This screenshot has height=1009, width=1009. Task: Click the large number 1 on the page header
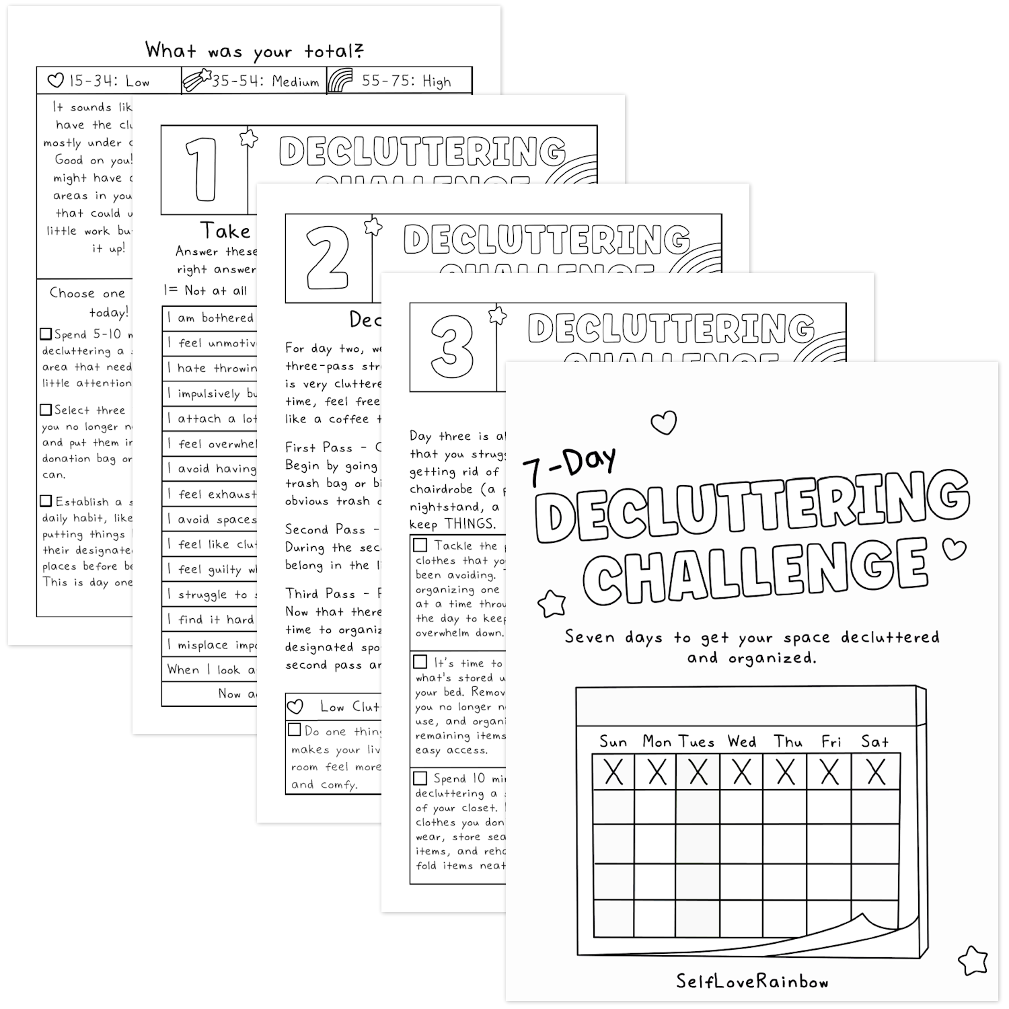[x=202, y=170]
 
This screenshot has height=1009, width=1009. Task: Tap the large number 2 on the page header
[x=328, y=258]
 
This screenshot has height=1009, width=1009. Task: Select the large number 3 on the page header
[x=453, y=346]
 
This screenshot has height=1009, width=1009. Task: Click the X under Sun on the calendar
[x=613, y=772]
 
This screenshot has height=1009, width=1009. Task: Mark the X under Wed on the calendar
[x=742, y=772]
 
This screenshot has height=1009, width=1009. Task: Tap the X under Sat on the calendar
[x=876, y=772]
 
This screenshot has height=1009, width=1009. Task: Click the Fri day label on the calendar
[x=831, y=742]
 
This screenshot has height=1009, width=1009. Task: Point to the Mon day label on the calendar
[x=657, y=742]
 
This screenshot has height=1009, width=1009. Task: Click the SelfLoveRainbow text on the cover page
[x=752, y=981]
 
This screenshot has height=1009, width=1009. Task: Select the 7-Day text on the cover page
[x=569, y=464]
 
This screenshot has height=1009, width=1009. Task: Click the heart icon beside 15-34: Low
[x=56, y=81]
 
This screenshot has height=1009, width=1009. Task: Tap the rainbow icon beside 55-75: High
[x=341, y=81]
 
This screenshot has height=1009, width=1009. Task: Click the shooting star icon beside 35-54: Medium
[x=196, y=80]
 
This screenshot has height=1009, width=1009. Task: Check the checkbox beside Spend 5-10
[x=46, y=334]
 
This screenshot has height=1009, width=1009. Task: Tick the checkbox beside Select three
[x=46, y=410]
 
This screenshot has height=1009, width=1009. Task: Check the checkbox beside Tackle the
[x=420, y=545]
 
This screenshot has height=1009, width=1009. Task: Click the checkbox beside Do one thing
[x=295, y=730]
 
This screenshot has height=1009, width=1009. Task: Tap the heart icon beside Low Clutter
[x=295, y=706]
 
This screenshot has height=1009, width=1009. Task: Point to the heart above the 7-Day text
[x=664, y=423]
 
